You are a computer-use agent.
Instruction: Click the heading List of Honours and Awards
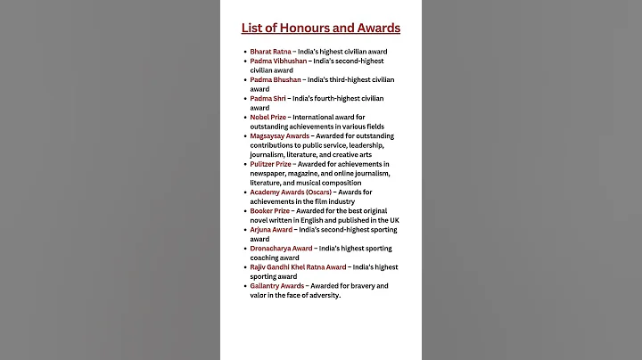(321, 28)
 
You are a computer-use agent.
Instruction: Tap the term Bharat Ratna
(271, 52)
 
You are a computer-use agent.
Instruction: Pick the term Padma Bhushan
(276, 79)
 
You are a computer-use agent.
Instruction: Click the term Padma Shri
(267, 98)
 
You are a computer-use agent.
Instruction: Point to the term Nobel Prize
(269, 117)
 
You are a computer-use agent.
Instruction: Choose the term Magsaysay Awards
(279, 135)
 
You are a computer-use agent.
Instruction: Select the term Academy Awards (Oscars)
(291, 192)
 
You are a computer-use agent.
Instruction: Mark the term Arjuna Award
(271, 229)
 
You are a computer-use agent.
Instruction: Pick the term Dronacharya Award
(281, 249)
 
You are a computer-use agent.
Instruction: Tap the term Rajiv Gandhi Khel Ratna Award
(298, 266)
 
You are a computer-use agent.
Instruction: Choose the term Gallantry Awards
(277, 285)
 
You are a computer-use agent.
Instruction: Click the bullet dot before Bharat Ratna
(244, 52)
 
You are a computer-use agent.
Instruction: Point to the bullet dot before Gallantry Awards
(244, 286)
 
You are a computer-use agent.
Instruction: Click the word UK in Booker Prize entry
(394, 219)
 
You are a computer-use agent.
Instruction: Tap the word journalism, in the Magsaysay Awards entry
(270, 154)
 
